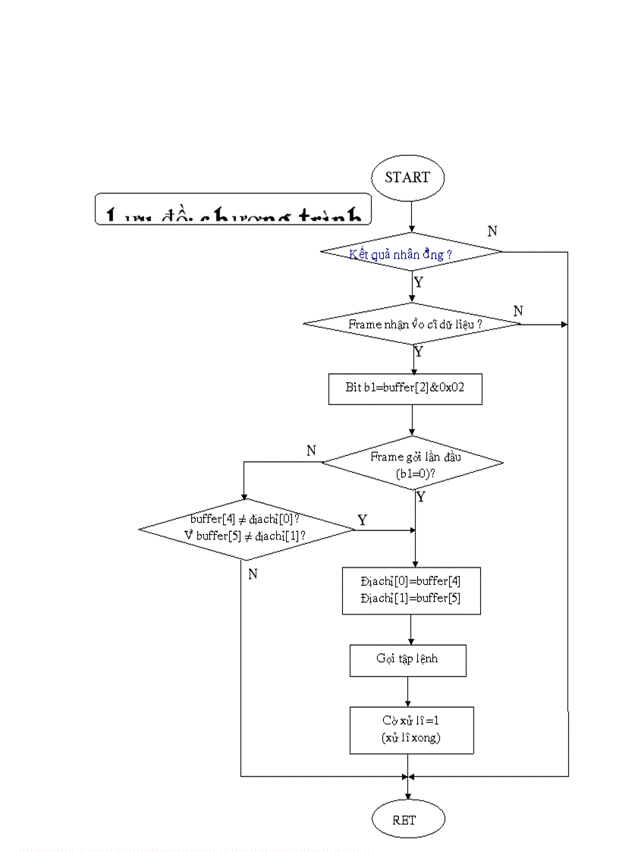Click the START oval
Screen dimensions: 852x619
(x=407, y=178)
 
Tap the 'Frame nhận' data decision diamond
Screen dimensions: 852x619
(x=412, y=324)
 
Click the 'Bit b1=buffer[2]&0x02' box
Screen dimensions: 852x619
(x=404, y=388)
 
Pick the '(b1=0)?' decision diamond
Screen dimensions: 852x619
(x=413, y=463)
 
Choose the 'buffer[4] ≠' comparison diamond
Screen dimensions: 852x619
(x=246, y=529)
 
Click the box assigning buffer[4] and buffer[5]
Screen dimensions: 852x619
(x=411, y=590)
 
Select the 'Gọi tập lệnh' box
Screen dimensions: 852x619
(x=407, y=660)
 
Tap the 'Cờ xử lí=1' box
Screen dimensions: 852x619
(x=411, y=730)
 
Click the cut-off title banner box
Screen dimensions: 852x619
(x=234, y=209)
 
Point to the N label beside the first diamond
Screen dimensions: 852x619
(x=492, y=231)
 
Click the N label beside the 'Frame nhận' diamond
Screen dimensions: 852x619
(x=518, y=311)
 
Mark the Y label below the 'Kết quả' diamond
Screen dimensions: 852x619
(x=418, y=283)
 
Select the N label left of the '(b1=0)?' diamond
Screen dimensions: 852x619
(x=311, y=451)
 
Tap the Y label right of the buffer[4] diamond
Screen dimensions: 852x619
(x=362, y=520)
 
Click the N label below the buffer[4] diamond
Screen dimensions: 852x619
(x=253, y=574)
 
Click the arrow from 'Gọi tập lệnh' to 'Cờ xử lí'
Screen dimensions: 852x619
(x=408, y=691)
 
